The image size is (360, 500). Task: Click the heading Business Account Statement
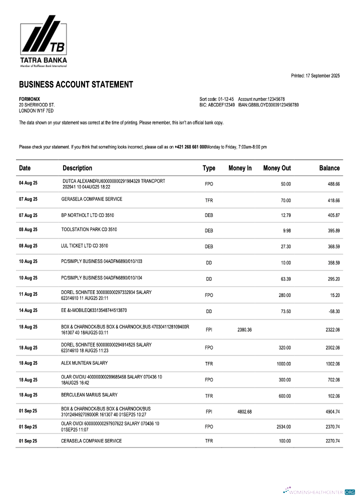pyautogui.click(x=76, y=84)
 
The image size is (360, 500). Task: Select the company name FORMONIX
pyautogui.click(x=29, y=99)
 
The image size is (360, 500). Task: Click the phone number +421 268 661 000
pyautogui.click(x=190, y=147)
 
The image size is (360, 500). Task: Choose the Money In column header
pyautogui.click(x=240, y=168)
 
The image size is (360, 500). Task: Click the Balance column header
pyautogui.click(x=329, y=168)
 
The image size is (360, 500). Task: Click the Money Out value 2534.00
pyautogui.click(x=283, y=427)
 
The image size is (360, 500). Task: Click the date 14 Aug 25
pyautogui.click(x=28, y=310)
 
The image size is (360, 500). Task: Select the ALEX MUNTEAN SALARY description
pyautogui.click(x=84, y=363)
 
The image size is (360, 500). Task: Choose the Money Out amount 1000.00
pyautogui.click(x=283, y=364)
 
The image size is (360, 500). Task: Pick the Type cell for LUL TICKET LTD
pyautogui.click(x=209, y=246)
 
